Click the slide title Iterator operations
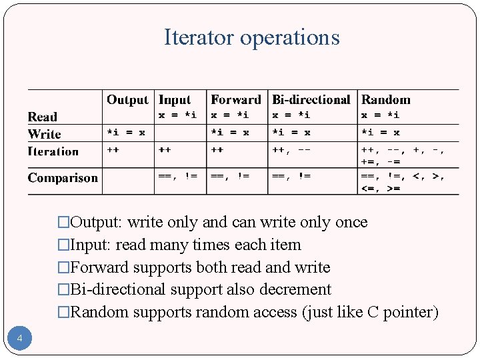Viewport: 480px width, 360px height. [x=251, y=37]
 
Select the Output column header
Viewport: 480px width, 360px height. [x=127, y=100]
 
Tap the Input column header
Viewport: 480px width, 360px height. [x=175, y=100]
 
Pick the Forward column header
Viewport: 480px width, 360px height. [x=236, y=100]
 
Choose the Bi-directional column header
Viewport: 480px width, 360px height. [x=311, y=100]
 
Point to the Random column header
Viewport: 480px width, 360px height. [x=386, y=100]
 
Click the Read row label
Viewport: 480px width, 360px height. [x=43, y=117]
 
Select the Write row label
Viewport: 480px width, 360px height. [x=45, y=134]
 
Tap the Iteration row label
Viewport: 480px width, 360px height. [x=53, y=151]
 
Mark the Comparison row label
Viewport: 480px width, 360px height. [x=63, y=178]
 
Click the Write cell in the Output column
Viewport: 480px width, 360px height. [x=126, y=133]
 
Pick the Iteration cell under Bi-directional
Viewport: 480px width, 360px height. [x=291, y=150]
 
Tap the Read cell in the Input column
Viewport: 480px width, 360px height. [x=177, y=115]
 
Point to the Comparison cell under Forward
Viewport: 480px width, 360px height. [x=230, y=176]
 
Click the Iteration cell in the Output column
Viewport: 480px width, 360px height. [x=113, y=150]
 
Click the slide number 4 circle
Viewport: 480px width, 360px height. [x=20, y=339]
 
